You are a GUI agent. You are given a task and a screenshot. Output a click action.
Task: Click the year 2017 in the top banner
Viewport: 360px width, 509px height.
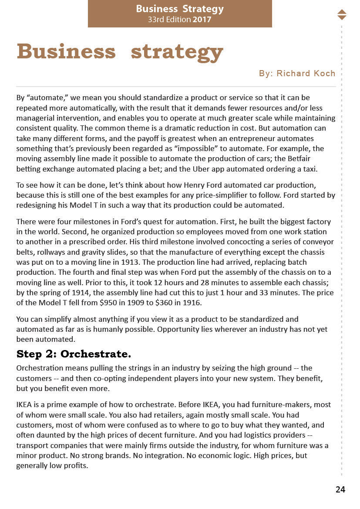pyautogui.click(x=202, y=20)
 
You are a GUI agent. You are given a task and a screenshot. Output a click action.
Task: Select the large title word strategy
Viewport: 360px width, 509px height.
pyautogui.click(x=177, y=52)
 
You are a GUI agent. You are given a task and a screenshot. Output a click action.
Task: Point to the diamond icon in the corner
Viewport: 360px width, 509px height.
pyautogui.click(x=342, y=14)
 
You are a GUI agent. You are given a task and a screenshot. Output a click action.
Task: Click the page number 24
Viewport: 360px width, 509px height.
pyautogui.click(x=340, y=489)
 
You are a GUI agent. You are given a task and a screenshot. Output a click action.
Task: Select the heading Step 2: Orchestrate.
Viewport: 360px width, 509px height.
pyautogui.click(x=74, y=354)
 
